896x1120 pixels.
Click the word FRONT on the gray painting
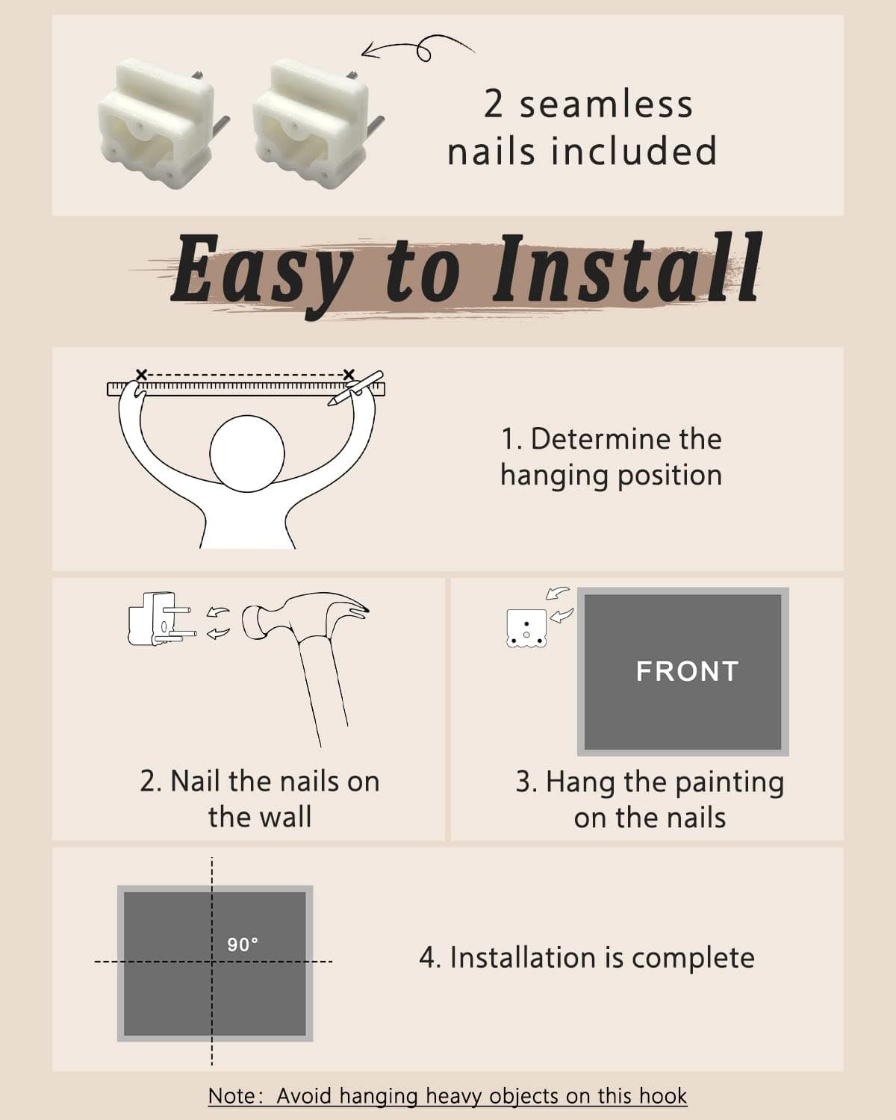(687, 671)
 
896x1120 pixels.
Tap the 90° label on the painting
(242, 944)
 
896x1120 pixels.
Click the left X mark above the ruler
(141, 374)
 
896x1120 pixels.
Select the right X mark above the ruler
(348, 374)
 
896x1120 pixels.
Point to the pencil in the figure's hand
(355, 388)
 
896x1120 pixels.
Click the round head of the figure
(247, 453)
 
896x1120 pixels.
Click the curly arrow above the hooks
(417, 48)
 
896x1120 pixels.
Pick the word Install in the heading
(627, 267)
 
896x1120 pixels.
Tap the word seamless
(606, 104)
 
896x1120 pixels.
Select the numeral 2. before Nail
(151, 781)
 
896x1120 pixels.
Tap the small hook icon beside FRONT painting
(526, 628)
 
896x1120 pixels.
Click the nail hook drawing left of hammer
(162, 618)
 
